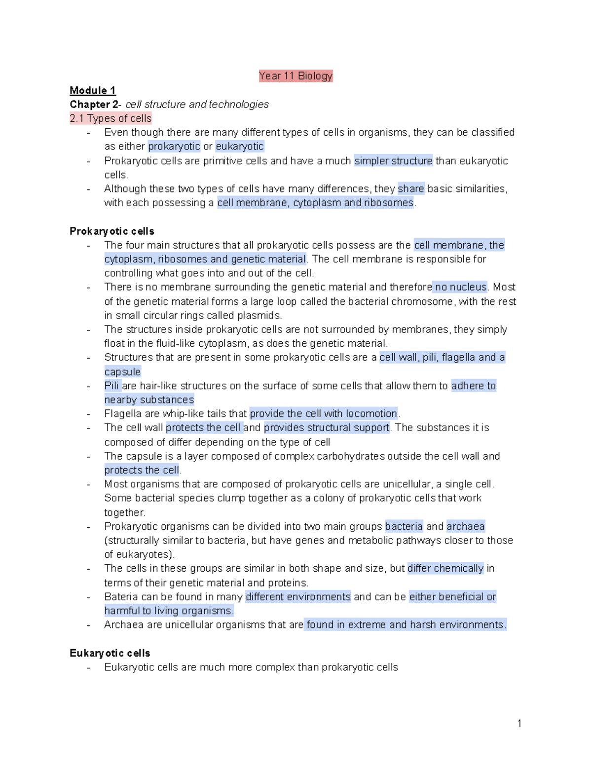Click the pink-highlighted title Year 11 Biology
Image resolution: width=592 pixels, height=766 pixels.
point(296,76)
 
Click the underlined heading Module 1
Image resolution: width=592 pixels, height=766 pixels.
point(93,90)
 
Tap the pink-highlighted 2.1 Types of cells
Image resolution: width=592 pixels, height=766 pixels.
point(111,118)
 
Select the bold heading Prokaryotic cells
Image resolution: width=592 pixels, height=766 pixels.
point(112,231)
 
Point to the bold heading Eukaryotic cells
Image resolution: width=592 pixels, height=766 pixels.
point(110,653)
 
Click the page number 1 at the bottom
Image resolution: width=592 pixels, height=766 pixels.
point(519,723)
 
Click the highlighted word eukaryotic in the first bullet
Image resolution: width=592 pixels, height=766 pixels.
point(240,146)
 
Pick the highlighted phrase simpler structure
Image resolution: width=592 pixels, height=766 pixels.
point(393,161)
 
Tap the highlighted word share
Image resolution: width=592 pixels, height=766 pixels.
point(411,189)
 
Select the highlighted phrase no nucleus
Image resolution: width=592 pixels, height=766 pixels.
point(461,287)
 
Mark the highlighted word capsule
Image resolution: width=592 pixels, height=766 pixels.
point(122,372)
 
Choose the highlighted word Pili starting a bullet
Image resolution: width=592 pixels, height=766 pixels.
point(112,386)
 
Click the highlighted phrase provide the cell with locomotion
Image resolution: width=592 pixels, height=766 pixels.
point(324,414)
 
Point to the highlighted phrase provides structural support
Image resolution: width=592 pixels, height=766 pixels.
point(327,428)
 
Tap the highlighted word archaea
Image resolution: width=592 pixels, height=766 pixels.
point(466,527)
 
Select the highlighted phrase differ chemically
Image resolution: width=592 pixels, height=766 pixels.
point(445,568)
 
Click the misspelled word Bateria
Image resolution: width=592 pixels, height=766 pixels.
point(121,597)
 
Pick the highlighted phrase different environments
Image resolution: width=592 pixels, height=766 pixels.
point(298,597)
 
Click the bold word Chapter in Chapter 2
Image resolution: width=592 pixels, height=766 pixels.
point(90,105)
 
